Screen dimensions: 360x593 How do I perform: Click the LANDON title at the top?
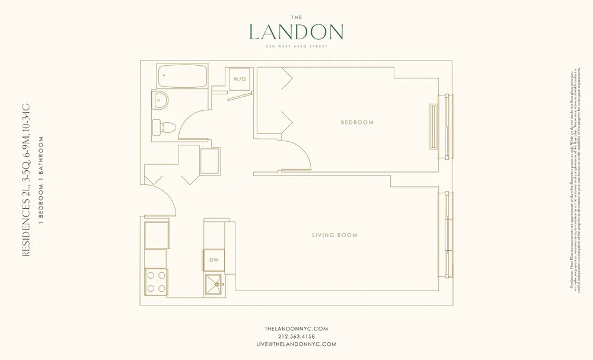[296, 31]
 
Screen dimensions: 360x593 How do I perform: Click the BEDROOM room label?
[357, 123]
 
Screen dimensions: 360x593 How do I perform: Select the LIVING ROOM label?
[334, 235]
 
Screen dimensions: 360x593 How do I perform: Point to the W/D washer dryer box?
[239, 79]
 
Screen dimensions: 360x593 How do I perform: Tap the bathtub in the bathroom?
[182, 76]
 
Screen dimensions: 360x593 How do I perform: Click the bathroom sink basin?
[160, 100]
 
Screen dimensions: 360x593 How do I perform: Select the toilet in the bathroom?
[162, 126]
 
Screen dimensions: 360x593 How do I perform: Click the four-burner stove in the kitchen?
[156, 281]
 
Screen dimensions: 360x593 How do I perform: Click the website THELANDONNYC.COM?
[296, 328]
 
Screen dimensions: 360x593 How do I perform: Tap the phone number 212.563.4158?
[296, 336]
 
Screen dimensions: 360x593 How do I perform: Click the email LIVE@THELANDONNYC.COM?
[296, 344]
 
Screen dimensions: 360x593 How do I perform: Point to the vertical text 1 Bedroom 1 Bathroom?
[41, 180]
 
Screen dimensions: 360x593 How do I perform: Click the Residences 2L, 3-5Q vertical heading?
[25, 180]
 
